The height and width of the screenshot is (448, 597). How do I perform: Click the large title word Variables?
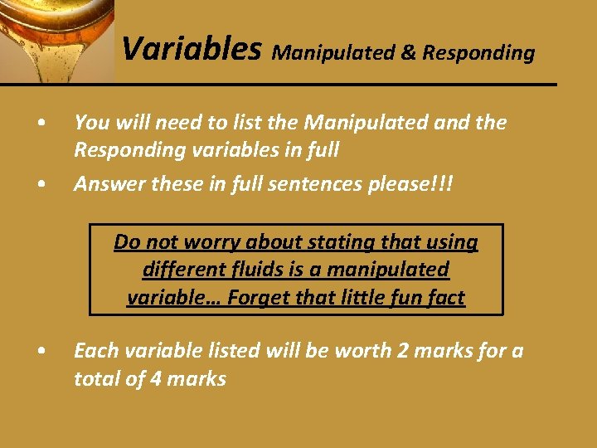(192, 50)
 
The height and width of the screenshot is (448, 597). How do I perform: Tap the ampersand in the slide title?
(409, 53)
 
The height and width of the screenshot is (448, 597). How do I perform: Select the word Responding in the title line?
(478, 54)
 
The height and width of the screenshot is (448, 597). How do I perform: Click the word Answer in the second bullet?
(106, 183)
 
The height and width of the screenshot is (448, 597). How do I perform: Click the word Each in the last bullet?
(93, 351)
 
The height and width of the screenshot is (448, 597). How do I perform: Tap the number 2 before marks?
(402, 351)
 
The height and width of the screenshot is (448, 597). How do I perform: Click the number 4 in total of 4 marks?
(157, 379)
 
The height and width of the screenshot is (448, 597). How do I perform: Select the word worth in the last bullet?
(363, 351)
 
